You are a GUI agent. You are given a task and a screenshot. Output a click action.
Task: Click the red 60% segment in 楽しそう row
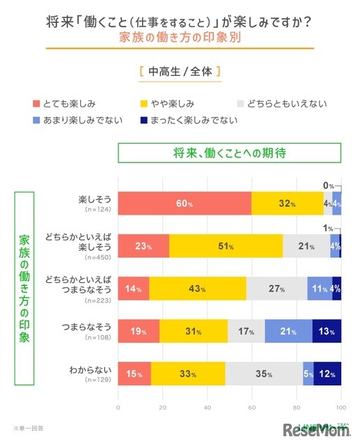(185, 203)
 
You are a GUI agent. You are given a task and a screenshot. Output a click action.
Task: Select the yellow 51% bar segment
(226, 245)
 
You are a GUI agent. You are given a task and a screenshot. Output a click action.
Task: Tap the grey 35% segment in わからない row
(264, 374)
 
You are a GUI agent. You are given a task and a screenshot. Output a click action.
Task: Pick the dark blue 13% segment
(327, 331)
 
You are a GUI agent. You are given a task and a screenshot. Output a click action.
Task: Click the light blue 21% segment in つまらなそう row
(288, 331)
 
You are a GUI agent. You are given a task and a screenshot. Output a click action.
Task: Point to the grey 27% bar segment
(276, 289)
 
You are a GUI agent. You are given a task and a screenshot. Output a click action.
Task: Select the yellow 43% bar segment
(198, 289)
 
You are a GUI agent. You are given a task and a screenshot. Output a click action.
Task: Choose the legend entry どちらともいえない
(285, 105)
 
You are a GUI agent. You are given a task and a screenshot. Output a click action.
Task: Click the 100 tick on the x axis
(341, 406)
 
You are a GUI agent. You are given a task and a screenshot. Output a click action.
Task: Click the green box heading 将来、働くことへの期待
(230, 153)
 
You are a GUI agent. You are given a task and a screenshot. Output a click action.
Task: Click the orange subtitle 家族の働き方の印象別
(180, 38)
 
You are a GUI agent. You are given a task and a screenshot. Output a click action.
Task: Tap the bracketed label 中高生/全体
(180, 72)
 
